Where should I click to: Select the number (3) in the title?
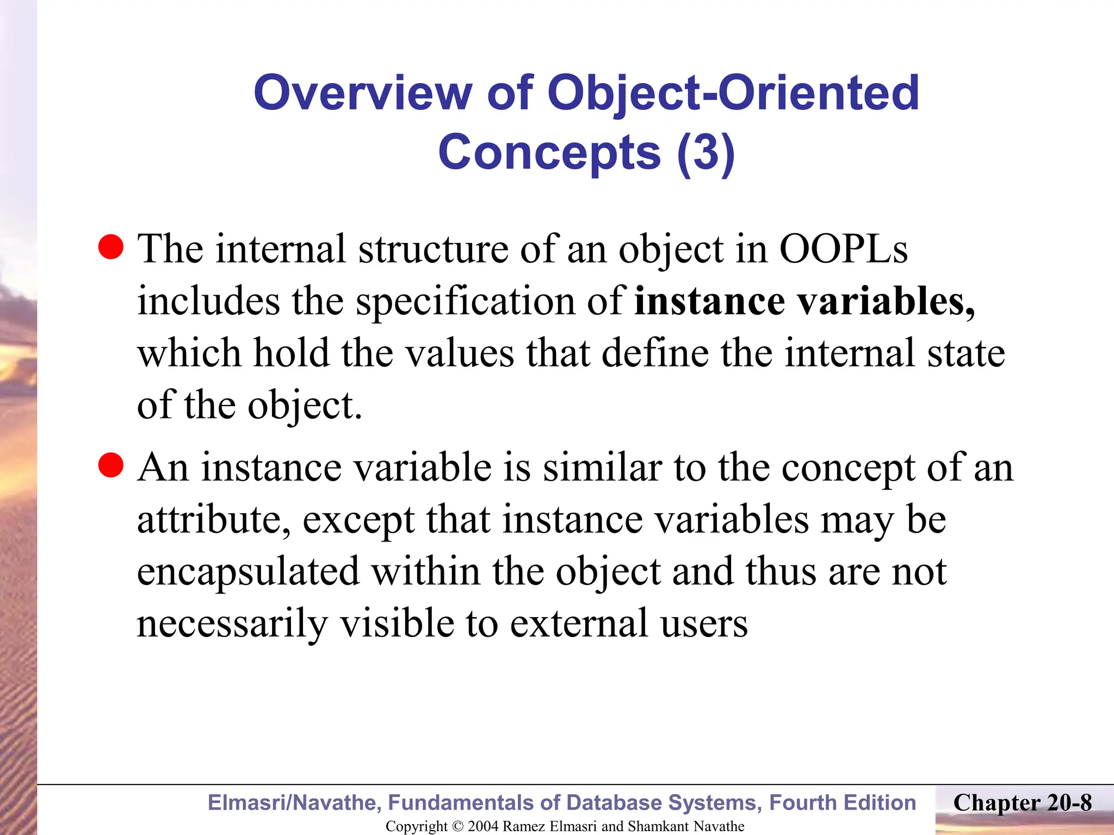[706, 153]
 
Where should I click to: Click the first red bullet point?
[111, 247]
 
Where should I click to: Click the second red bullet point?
[111, 465]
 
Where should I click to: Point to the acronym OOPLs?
[843, 250]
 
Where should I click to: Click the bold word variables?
[887, 302]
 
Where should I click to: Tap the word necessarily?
[232, 624]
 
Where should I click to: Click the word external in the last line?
[579, 624]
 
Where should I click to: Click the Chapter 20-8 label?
[1022, 803]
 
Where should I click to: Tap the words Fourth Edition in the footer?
[843, 803]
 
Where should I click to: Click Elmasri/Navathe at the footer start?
[294, 803]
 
